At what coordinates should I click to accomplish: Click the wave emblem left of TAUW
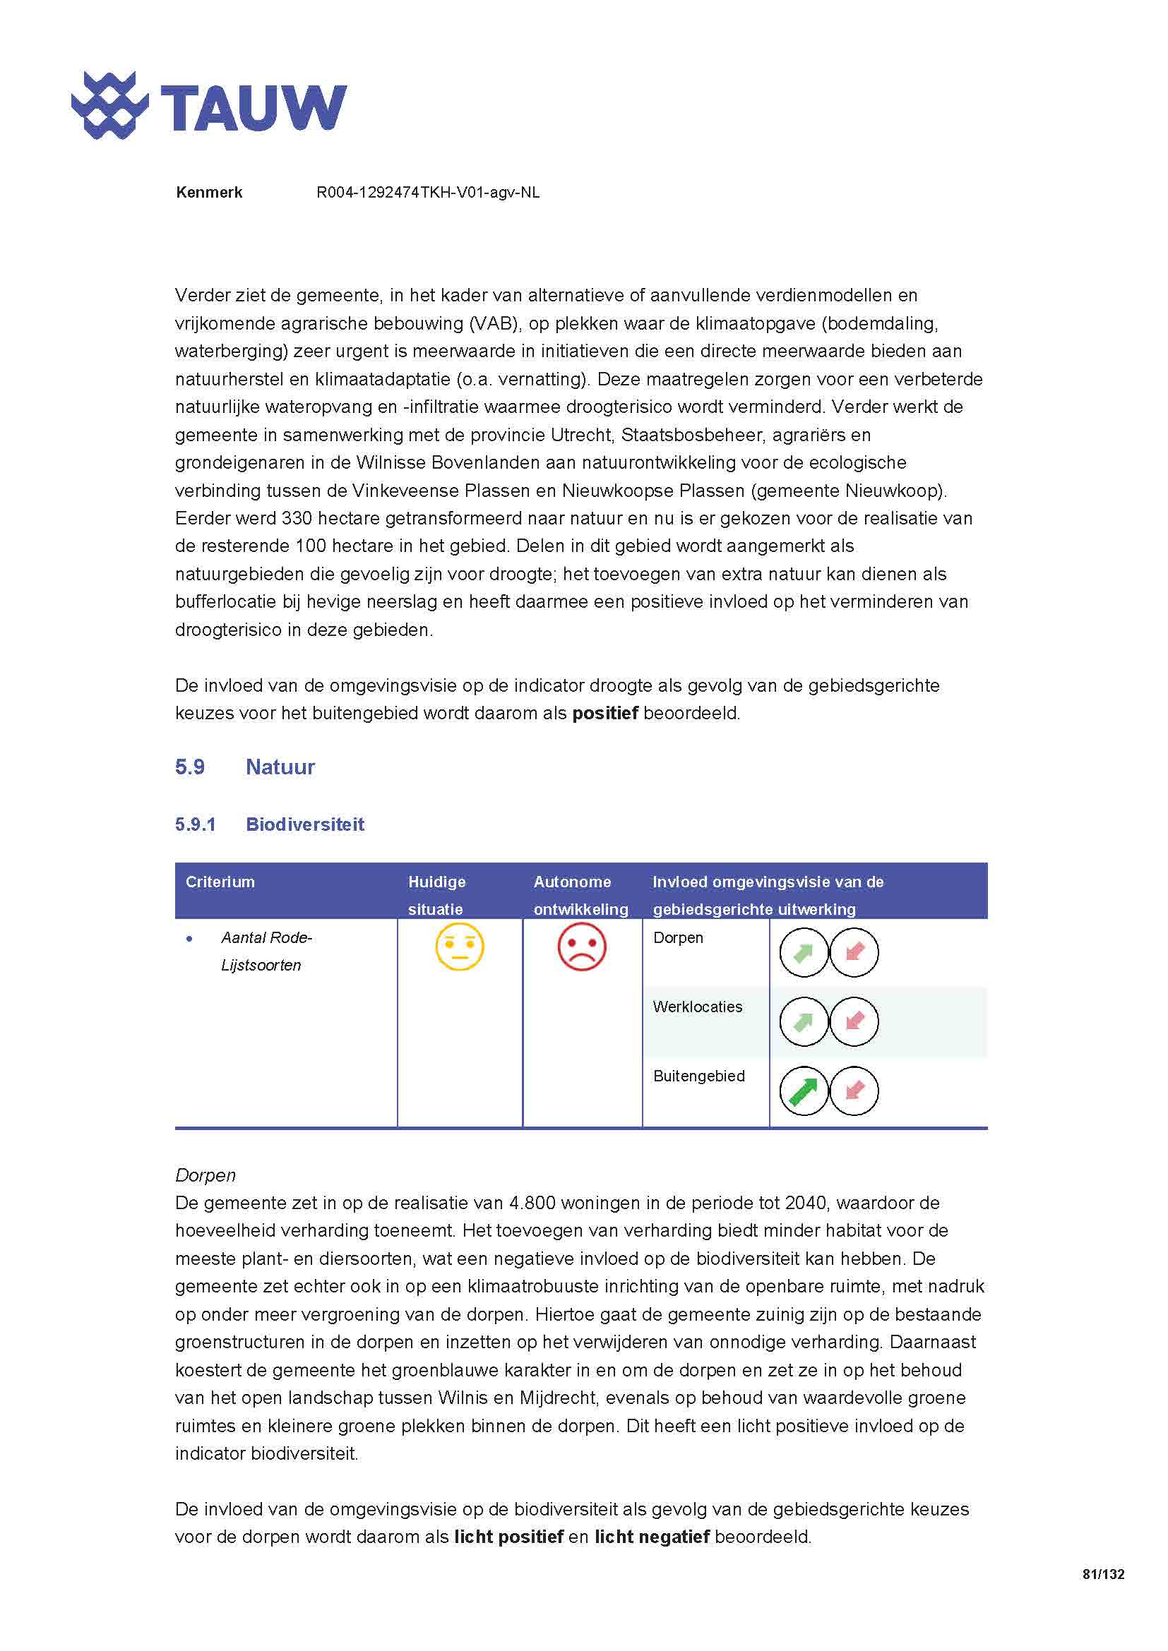pyautogui.click(x=110, y=105)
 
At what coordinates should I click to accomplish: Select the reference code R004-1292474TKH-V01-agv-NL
pyautogui.click(x=428, y=193)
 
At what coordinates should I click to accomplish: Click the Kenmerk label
pyautogui.click(x=208, y=193)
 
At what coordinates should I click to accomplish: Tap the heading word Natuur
pyautogui.click(x=280, y=767)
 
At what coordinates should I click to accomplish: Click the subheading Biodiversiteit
pyautogui.click(x=305, y=824)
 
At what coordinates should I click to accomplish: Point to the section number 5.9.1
pyautogui.click(x=195, y=824)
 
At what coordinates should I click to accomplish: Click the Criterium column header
pyautogui.click(x=220, y=882)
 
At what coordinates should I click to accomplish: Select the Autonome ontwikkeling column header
pyautogui.click(x=580, y=895)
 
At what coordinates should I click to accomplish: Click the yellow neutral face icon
pyautogui.click(x=460, y=947)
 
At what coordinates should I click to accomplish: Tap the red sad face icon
pyautogui.click(x=582, y=947)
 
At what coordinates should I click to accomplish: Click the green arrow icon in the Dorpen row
pyautogui.click(x=804, y=953)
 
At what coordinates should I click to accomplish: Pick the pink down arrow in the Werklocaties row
pyautogui.click(x=854, y=1022)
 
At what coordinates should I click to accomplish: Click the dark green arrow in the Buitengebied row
pyautogui.click(x=804, y=1091)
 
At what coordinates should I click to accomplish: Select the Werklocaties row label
pyautogui.click(x=697, y=1007)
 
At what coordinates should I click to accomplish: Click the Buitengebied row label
pyautogui.click(x=698, y=1076)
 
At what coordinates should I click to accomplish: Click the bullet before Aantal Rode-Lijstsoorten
pyautogui.click(x=189, y=939)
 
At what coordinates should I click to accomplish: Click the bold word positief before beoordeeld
pyautogui.click(x=605, y=714)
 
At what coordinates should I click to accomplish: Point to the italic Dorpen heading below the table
pyautogui.click(x=205, y=1176)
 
